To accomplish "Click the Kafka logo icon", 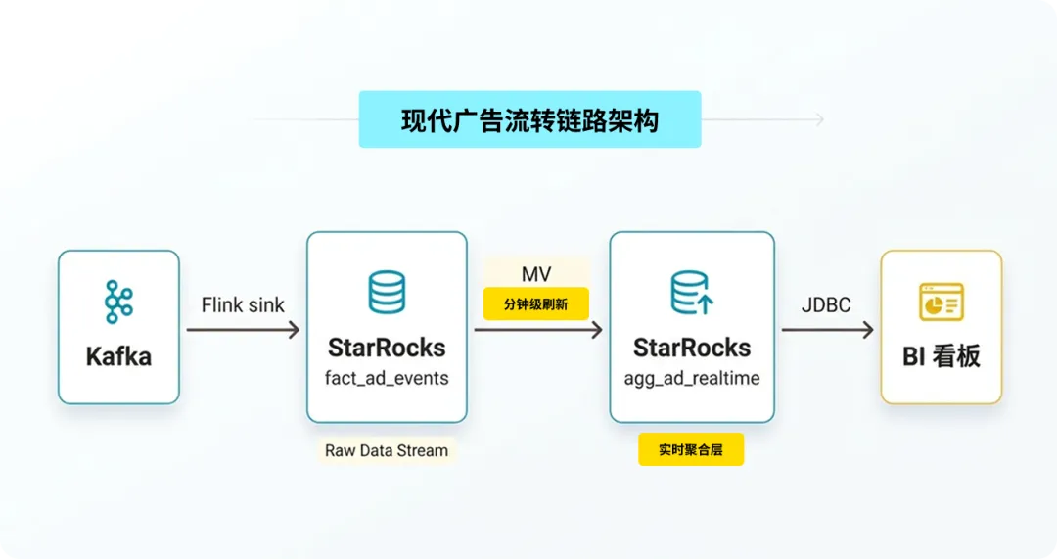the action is pyautogui.click(x=118, y=302).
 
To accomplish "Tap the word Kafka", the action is pyautogui.click(x=118, y=356).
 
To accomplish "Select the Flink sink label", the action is pyautogui.click(x=243, y=305).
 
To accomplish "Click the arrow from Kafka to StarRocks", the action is pyautogui.click(x=243, y=330).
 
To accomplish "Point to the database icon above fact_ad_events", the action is pyautogui.click(x=387, y=292).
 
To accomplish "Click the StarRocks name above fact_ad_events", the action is pyautogui.click(x=387, y=348).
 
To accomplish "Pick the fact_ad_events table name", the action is pyautogui.click(x=387, y=378).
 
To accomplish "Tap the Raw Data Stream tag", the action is pyautogui.click(x=387, y=450).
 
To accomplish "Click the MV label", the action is pyautogui.click(x=536, y=274).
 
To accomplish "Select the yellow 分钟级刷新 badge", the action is pyautogui.click(x=536, y=304).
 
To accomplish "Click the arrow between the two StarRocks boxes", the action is pyautogui.click(x=538, y=330).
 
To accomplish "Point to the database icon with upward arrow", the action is pyautogui.click(x=692, y=293).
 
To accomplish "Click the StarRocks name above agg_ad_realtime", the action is pyautogui.click(x=692, y=348).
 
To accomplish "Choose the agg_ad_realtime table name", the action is pyautogui.click(x=692, y=378).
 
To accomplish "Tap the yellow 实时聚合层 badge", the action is pyautogui.click(x=691, y=449).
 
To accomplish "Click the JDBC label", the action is pyautogui.click(x=826, y=305).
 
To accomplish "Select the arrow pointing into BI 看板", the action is pyautogui.click(x=828, y=330).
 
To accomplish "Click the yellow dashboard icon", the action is pyautogui.click(x=942, y=303).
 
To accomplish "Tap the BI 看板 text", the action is pyautogui.click(x=942, y=356).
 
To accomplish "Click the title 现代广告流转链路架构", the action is pyautogui.click(x=529, y=120).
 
